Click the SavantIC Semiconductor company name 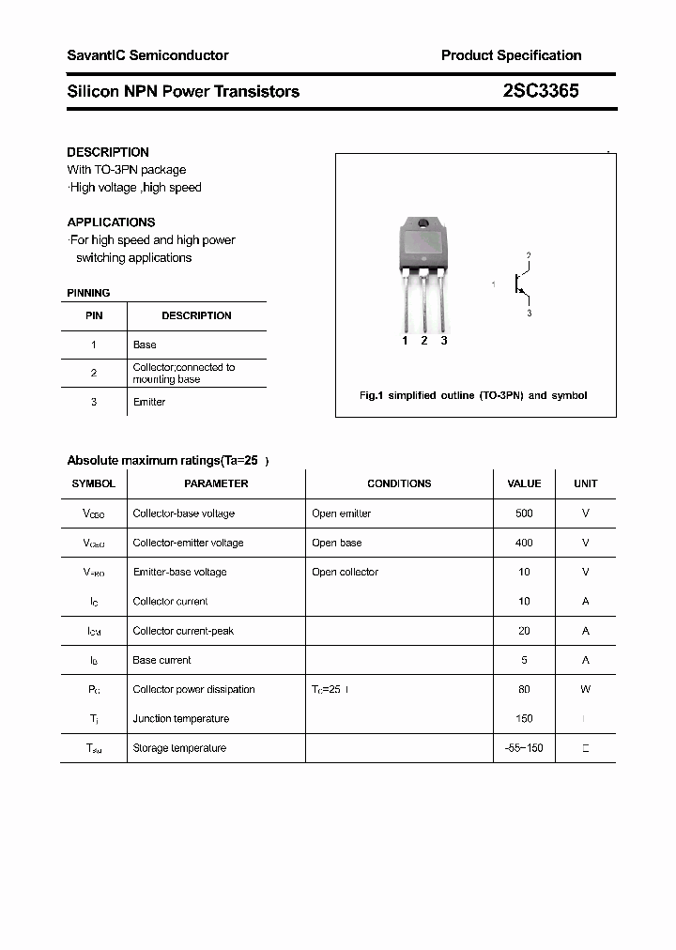point(147,55)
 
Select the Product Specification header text point(511,55)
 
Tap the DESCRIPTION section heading point(108,152)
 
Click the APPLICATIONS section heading point(111,222)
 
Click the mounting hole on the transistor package point(423,223)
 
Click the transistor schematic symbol point(518,283)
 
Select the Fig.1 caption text point(473,395)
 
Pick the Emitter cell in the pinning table point(149,402)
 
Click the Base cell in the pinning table point(145,345)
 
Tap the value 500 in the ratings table point(524,513)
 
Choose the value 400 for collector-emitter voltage point(524,543)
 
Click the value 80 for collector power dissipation point(524,689)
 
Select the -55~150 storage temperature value point(524,748)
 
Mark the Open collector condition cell point(345,572)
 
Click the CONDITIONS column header point(399,483)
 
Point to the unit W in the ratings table point(585,689)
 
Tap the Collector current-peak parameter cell point(183,631)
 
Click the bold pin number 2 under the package point(424,341)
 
